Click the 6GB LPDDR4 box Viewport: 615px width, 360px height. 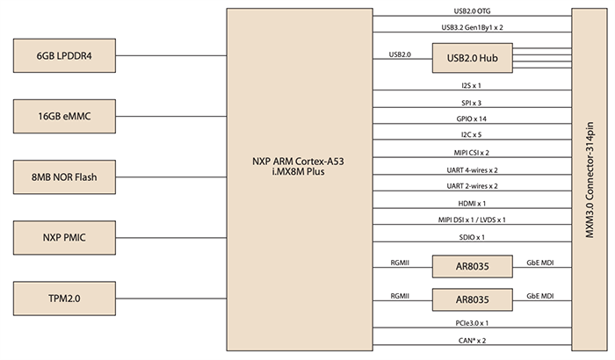click(x=64, y=55)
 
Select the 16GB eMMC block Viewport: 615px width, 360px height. click(x=64, y=116)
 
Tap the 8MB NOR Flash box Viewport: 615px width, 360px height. click(x=64, y=176)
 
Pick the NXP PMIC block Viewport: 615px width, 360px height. click(x=64, y=237)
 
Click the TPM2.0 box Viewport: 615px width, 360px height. click(x=64, y=298)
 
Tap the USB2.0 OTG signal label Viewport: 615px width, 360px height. click(x=471, y=12)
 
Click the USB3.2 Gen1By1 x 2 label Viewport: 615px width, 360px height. click(x=471, y=28)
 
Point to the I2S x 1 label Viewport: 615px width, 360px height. click(x=471, y=86)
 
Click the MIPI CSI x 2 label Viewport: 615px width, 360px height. click(x=471, y=153)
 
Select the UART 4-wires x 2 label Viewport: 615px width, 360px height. click(x=471, y=169)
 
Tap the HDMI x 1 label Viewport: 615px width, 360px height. click(x=471, y=203)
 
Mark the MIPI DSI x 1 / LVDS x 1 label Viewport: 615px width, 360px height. click(x=471, y=220)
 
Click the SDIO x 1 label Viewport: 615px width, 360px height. click(x=471, y=237)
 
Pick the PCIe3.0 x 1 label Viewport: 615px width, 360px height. click(x=471, y=324)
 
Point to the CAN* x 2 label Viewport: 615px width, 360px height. click(x=471, y=341)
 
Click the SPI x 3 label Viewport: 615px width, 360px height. click(x=471, y=103)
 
